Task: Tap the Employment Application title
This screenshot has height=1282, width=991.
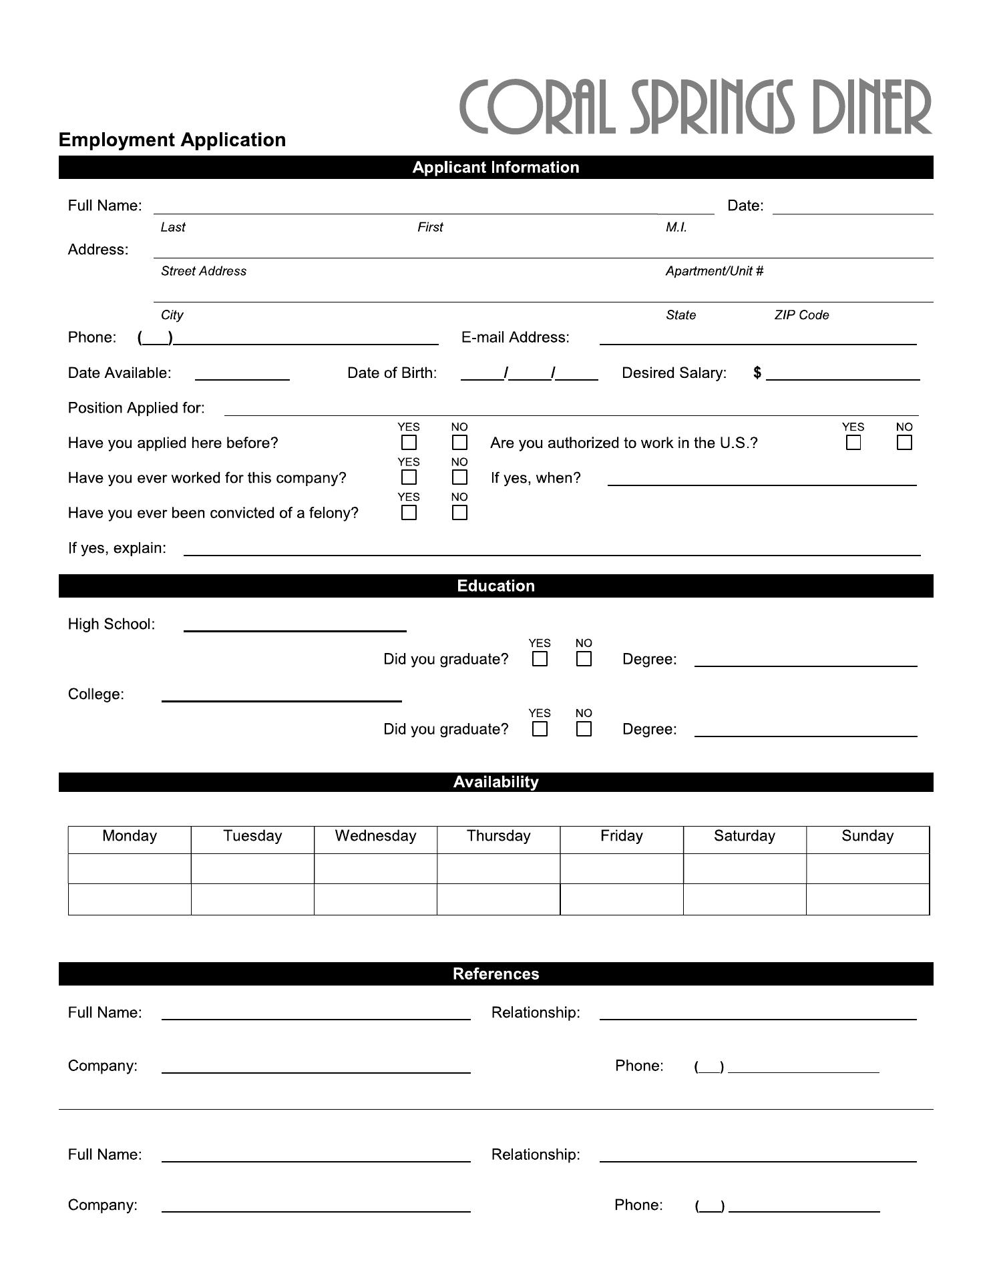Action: coord(172,140)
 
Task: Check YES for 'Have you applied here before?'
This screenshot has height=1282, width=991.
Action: coord(409,443)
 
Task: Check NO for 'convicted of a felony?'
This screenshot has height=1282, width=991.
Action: coord(459,513)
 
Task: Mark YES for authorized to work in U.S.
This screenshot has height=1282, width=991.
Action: coord(853,443)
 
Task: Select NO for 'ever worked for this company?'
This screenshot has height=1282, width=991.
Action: coord(459,477)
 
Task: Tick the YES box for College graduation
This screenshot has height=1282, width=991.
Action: coord(540,729)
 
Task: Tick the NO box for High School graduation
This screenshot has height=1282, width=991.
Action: coord(584,659)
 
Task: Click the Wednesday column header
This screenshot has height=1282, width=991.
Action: coord(375,836)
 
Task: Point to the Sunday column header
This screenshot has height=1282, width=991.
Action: coord(867,836)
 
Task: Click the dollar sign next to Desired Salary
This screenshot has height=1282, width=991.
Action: coord(757,373)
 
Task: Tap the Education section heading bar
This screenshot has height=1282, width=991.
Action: coord(495,586)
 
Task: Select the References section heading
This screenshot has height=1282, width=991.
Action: coord(495,974)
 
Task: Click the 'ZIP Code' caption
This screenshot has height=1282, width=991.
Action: coord(801,315)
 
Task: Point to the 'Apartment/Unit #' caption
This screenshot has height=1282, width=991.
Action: coord(714,271)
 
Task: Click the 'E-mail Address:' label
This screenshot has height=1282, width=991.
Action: coord(515,337)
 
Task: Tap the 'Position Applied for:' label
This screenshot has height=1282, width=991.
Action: coord(136,408)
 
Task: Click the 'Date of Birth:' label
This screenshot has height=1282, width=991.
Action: coord(392,373)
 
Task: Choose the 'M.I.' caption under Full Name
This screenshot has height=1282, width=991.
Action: coord(676,227)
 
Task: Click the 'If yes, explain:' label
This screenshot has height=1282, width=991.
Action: coord(117,548)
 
